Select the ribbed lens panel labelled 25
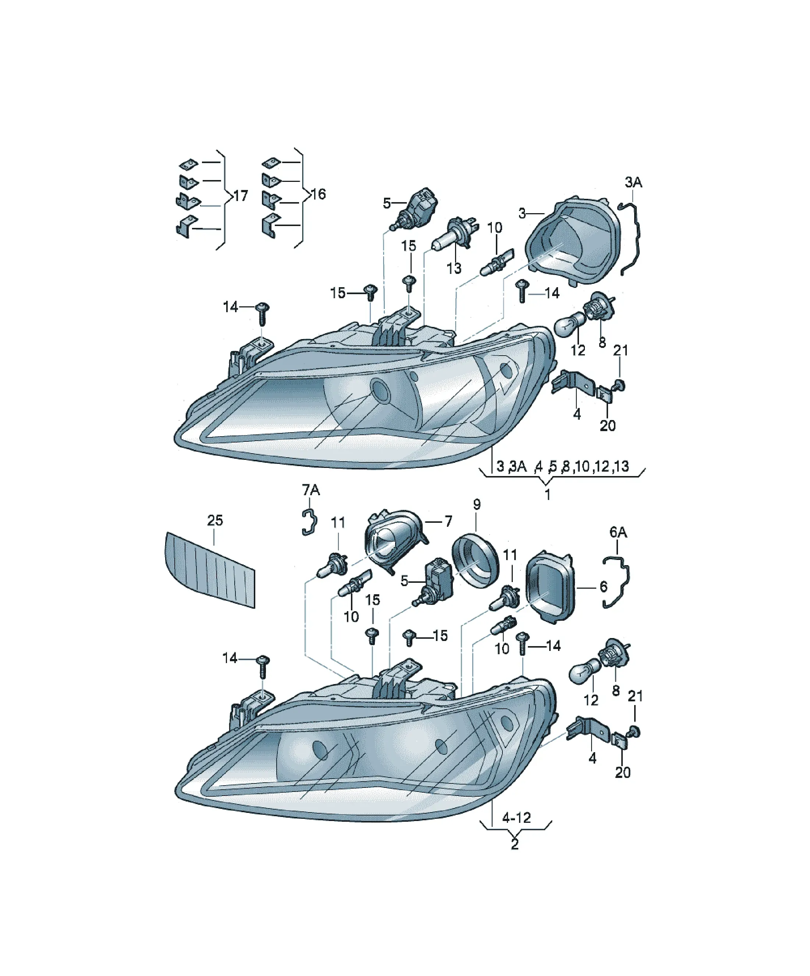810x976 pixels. [x=210, y=569]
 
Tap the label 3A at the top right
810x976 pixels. [x=633, y=183]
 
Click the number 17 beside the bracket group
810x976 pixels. [x=240, y=196]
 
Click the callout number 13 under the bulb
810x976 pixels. [x=454, y=268]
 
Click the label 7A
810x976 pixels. [x=311, y=490]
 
